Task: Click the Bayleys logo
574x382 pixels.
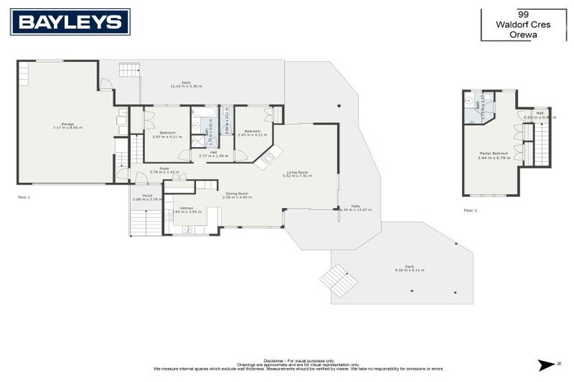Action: tap(70, 22)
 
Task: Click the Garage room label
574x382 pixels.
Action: tap(67, 126)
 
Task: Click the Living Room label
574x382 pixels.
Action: tap(296, 174)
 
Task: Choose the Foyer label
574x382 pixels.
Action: tap(154, 171)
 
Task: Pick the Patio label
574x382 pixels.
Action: tap(356, 208)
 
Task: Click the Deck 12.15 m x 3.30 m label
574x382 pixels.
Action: tap(187, 84)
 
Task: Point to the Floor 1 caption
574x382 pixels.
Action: tap(24, 197)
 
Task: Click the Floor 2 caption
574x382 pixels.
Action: tap(469, 210)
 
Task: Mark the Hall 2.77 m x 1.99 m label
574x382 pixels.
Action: tap(212, 154)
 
